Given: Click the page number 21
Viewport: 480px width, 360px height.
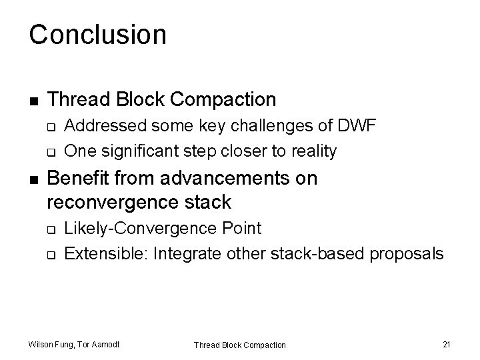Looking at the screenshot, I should [x=447, y=344].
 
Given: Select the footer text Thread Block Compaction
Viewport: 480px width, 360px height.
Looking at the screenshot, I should [x=239, y=345].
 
